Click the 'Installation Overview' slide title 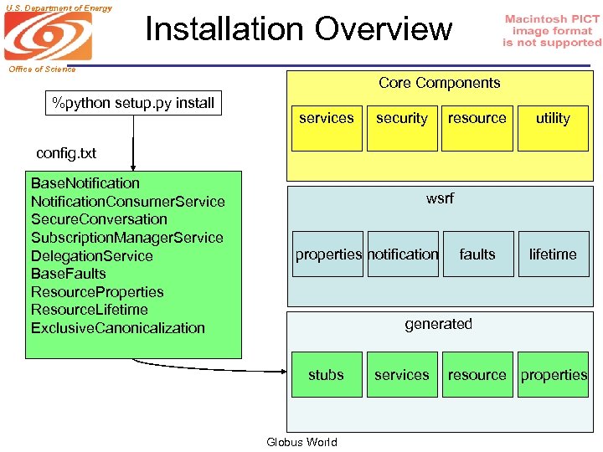tap(298, 28)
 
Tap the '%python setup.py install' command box tap(133, 104)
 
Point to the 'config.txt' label tap(66, 153)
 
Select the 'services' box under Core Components tap(326, 118)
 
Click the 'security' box tap(401, 118)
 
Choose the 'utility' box tap(553, 118)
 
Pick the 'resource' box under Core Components tap(477, 118)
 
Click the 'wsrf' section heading tap(440, 198)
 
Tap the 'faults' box tap(477, 254)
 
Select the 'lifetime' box tap(553, 254)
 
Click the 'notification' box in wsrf tap(403, 254)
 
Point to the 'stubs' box tap(326, 375)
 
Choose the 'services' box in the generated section tap(401, 375)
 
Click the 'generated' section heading tap(438, 324)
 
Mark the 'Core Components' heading tap(439, 83)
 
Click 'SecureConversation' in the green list tap(99, 219)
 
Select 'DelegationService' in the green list tap(91, 256)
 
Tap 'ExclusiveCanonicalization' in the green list tap(117, 328)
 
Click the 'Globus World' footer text tap(301, 442)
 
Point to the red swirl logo tap(46, 37)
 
